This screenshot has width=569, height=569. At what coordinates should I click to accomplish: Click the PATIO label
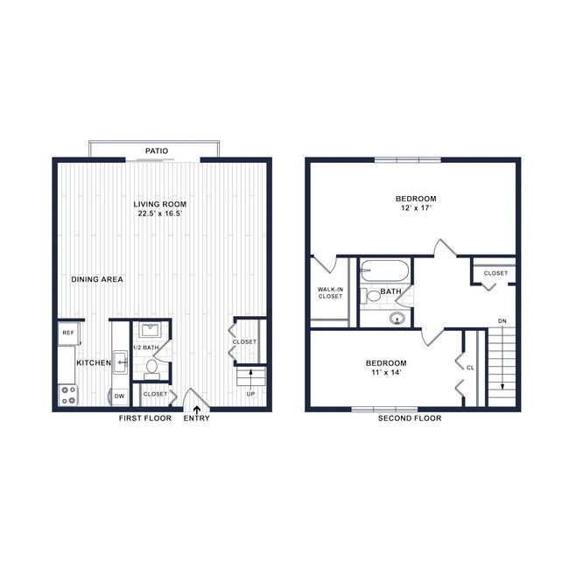(x=157, y=151)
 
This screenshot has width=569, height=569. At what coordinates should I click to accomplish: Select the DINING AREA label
(x=97, y=279)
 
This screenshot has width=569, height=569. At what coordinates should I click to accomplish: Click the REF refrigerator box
(x=67, y=333)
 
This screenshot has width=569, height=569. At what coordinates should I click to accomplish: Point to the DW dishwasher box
(x=119, y=396)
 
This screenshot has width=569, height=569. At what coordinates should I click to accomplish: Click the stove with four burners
(x=67, y=396)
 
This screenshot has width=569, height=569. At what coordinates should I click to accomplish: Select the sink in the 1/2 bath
(x=149, y=330)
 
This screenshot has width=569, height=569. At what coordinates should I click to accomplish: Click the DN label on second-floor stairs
(x=502, y=321)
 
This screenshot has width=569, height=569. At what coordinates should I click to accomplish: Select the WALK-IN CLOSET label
(x=331, y=292)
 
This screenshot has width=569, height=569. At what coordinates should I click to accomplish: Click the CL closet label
(x=470, y=368)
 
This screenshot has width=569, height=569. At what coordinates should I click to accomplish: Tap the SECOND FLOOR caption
(x=410, y=418)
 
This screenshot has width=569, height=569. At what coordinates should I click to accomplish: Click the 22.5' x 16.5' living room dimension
(x=162, y=214)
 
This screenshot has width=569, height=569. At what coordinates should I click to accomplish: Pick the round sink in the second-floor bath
(x=398, y=319)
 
